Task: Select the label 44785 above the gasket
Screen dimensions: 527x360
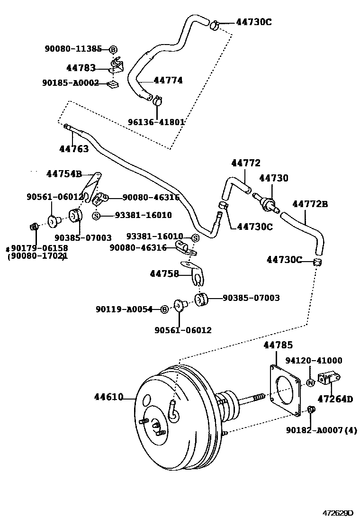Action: (278, 345)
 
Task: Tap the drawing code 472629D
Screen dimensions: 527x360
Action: (338, 512)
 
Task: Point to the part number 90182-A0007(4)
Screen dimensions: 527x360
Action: (321, 430)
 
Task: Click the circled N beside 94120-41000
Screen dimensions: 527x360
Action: (310, 382)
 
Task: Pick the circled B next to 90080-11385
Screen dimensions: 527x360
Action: (113, 49)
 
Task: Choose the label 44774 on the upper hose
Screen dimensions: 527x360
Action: (168, 81)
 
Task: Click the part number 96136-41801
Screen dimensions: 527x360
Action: (156, 122)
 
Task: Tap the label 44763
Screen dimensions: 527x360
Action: (73, 149)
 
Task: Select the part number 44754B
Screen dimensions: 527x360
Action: (64, 174)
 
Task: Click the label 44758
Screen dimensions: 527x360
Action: (164, 273)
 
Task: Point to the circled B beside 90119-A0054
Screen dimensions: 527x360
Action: (164, 309)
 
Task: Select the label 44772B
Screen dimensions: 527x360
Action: (310, 204)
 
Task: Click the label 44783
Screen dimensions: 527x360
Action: (81, 68)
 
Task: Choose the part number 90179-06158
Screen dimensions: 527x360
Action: (39, 248)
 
